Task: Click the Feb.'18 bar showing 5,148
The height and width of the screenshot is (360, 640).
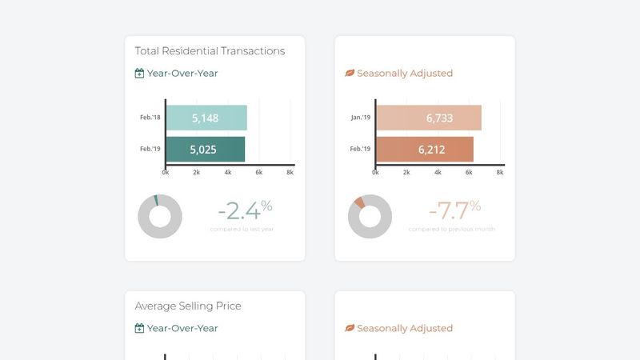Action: (x=206, y=118)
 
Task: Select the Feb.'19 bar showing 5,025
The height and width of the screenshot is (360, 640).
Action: (x=206, y=149)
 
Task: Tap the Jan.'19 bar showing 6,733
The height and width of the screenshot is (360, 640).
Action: (x=429, y=118)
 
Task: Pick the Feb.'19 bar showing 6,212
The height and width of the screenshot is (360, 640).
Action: (x=425, y=149)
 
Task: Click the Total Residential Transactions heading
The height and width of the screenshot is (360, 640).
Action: (x=210, y=50)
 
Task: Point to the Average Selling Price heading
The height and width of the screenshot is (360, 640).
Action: (x=188, y=306)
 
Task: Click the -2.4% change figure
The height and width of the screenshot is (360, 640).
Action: (x=245, y=210)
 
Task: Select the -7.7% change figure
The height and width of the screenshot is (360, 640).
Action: (x=454, y=210)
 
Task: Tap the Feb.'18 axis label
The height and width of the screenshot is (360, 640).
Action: (x=150, y=118)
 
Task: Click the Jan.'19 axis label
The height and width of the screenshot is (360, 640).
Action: (x=361, y=118)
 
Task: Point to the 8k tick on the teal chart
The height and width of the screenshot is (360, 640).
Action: (x=290, y=172)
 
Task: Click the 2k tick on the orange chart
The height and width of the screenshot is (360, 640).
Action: (x=406, y=172)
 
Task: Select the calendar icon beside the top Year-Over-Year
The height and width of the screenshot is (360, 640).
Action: (x=139, y=73)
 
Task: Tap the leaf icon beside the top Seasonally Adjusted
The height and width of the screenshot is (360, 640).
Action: (x=349, y=73)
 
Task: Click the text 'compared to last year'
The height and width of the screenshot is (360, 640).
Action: (x=242, y=230)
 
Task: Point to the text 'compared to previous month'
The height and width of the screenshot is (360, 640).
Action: (x=452, y=230)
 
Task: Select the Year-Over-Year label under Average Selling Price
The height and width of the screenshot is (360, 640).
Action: (x=182, y=328)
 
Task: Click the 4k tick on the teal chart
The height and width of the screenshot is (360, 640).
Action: (x=227, y=172)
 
